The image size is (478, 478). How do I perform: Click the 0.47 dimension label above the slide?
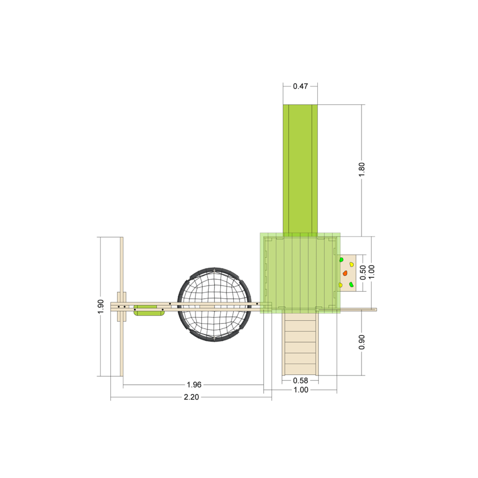tap(300, 86)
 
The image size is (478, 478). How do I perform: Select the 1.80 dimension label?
tap(361, 169)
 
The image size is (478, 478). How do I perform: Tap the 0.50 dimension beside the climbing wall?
tap(363, 272)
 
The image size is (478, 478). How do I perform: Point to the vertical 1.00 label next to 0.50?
tap(371, 272)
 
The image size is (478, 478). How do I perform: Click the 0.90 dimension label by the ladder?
tap(361, 342)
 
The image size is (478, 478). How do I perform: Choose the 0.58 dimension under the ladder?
tap(300, 380)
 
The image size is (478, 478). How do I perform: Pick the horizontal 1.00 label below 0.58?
tap(301, 390)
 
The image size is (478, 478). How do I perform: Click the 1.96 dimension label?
tap(194, 385)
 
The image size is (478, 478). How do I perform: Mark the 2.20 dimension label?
tap(192, 397)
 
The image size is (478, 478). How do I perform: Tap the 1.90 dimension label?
tap(100, 306)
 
